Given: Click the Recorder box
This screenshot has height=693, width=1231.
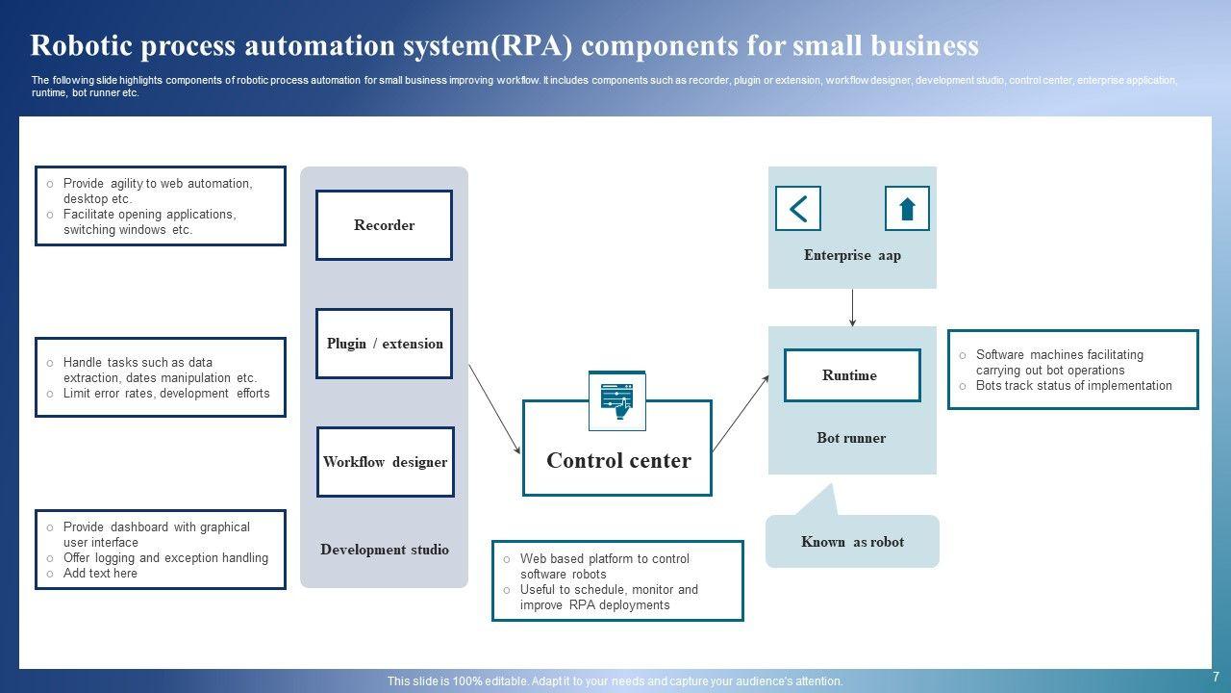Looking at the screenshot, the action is tap(384, 225).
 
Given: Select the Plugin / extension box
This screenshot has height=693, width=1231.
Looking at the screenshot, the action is tap(384, 344).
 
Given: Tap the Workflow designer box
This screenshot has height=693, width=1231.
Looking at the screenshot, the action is tap(386, 462).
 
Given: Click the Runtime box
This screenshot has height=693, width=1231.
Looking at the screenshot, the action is tap(852, 375).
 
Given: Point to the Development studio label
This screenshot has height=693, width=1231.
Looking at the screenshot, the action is tap(385, 550).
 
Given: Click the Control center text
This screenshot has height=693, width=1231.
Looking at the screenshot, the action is tap(618, 460).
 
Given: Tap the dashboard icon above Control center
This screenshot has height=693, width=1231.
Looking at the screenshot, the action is tap(617, 401).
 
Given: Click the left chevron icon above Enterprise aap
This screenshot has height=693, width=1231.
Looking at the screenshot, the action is tap(798, 209).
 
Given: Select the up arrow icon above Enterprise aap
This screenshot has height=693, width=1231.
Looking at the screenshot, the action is tap(907, 209).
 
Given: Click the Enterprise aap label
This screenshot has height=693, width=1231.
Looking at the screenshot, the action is tap(852, 255).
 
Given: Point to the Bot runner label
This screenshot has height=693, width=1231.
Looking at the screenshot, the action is tap(851, 438).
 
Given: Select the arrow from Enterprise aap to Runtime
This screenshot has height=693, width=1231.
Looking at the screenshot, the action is tap(852, 308).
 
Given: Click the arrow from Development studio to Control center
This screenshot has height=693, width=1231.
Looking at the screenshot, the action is tap(494, 409).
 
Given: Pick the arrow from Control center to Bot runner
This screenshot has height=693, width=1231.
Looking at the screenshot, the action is tap(741, 414).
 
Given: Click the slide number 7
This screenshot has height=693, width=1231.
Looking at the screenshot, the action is tap(1217, 677).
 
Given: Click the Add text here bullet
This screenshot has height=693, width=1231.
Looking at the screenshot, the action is tap(100, 573).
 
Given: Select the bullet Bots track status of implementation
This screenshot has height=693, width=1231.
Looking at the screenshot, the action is tap(1074, 386).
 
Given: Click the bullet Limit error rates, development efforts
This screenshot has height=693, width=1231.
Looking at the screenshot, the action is tap(166, 394).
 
